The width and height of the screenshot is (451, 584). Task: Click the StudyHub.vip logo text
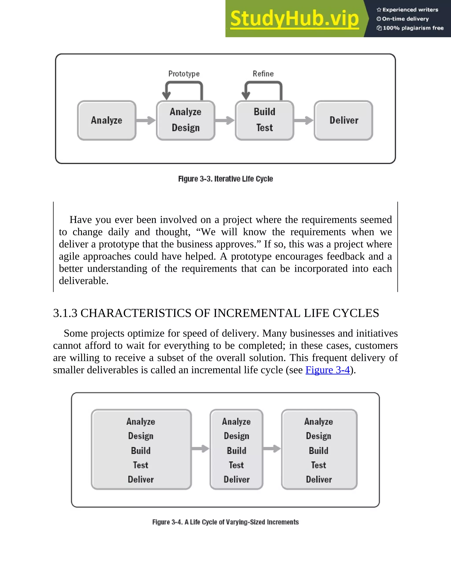pos(294,19)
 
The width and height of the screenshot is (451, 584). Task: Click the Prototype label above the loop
pos(184,74)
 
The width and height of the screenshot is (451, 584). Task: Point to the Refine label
pos(263,74)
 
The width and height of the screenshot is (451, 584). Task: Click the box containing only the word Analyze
pos(107,120)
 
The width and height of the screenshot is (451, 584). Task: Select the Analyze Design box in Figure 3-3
pos(186,120)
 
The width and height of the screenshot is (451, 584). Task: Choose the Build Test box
pos(264,120)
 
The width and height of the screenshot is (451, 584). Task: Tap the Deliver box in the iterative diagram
pos(344,120)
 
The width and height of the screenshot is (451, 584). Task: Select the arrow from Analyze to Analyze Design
pos(146,120)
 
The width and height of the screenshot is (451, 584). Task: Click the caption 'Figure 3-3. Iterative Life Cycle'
pos(225,179)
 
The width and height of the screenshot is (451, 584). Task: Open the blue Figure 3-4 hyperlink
pos(327,370)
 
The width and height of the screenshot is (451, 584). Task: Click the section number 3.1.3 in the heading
pos(65,313)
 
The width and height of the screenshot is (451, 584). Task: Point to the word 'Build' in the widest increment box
pos(141,451)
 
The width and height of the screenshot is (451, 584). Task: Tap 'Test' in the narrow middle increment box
pos(237,465)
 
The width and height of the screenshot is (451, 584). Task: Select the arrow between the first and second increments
pos(201,449)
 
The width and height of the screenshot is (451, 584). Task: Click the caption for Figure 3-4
pos(225,522)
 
